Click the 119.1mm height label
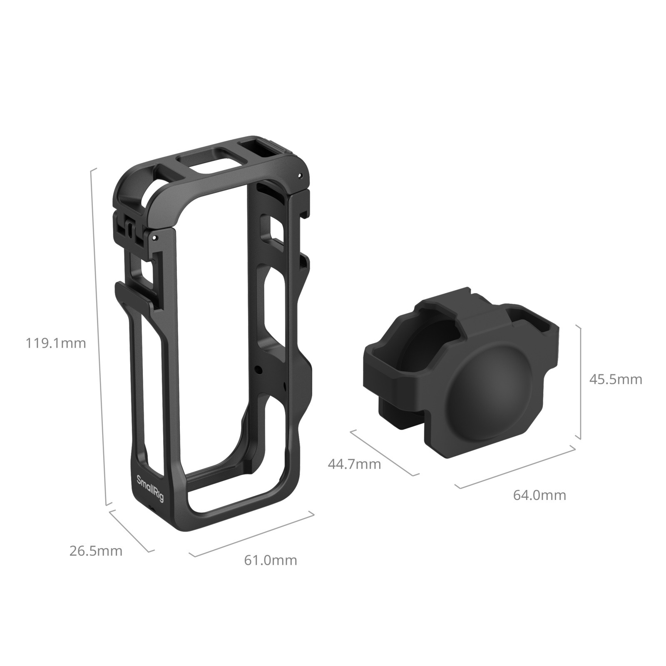tap(56, 343)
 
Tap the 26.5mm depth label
tap(96, 551)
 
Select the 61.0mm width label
tap(271, 560)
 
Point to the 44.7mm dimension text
tap(354, 464)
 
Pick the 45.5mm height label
tap(616, 379)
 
